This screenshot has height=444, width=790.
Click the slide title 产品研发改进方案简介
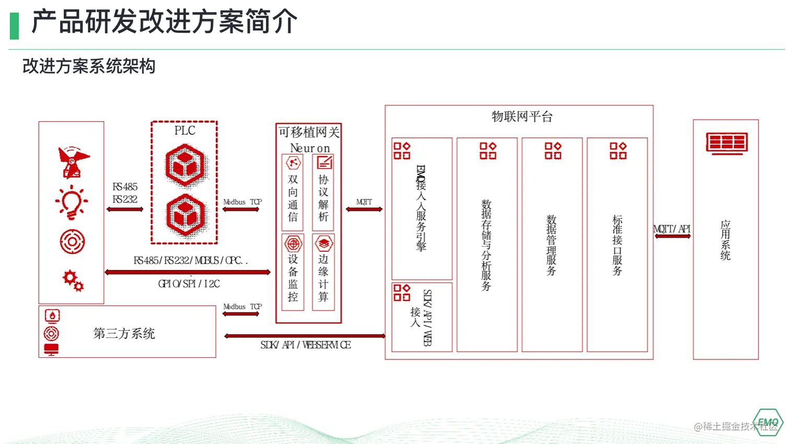[164, 22]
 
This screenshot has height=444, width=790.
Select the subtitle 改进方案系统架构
[89, 66]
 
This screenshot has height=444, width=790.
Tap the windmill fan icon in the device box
[73, 162]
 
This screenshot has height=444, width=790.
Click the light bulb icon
[72, 202]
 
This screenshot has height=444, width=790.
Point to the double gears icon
[73, 280]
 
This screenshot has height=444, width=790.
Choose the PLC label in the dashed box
[184, 131]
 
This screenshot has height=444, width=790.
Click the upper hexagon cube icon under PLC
[185, 166]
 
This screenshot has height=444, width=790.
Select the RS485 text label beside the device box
[125, 187]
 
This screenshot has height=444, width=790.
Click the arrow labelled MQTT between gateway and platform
[364, 209]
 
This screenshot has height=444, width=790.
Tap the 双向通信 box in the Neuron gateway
[293, 193]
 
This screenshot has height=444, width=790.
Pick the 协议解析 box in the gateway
[323, 193]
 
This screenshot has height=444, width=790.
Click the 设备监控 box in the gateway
[293, 272]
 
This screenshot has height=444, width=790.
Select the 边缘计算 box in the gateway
[323, 272]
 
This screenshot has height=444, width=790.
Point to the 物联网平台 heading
[521, 116]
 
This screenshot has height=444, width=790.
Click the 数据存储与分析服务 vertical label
[486, 244]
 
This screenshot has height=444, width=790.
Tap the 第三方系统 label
[124, 333]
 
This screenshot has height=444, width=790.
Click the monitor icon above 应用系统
[726, 143]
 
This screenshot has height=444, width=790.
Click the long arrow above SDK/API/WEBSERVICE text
[305, 336]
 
